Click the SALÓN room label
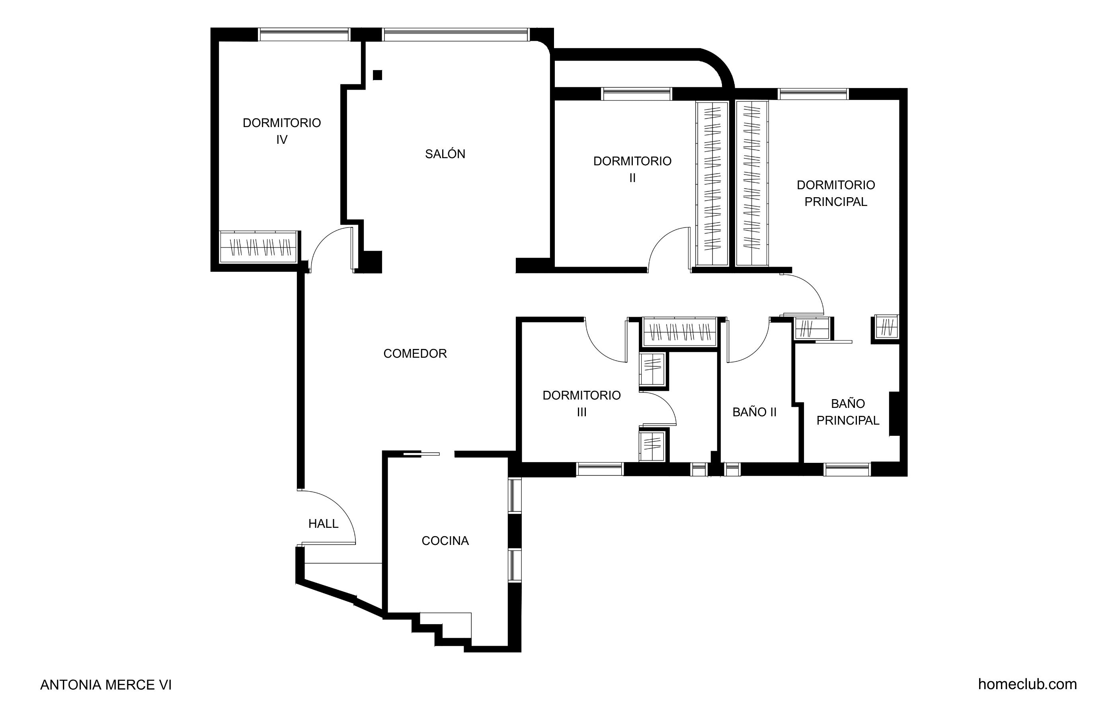pos(445,154)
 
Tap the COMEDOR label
pos(415,354)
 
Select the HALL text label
pos(323,524)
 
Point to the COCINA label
pos(445,541)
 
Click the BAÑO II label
pos(755,412)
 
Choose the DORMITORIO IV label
pos(282,131)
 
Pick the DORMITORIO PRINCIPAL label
pos(836,193)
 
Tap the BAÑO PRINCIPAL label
pos(848,412)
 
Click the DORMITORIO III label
pos(582,404)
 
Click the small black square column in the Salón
pos(378,75)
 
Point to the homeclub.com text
pos(1028,684)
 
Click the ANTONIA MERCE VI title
pos(106,685)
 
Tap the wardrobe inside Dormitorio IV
pos(258,247)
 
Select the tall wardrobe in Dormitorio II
pos(712,184)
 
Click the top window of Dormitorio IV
pos(304,35)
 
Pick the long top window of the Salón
pos(456,35)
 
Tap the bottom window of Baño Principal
pos(847,470)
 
